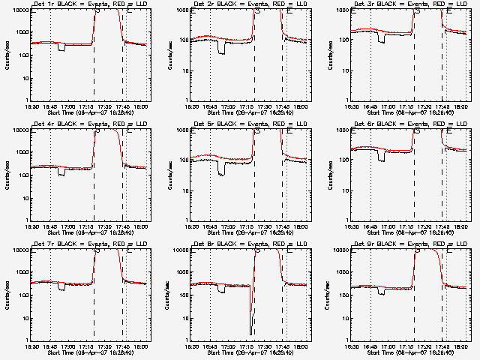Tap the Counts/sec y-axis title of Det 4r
pyautogui.click(x=7, y=175)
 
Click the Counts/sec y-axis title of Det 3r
pyautogui.click(x=328, y=55)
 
